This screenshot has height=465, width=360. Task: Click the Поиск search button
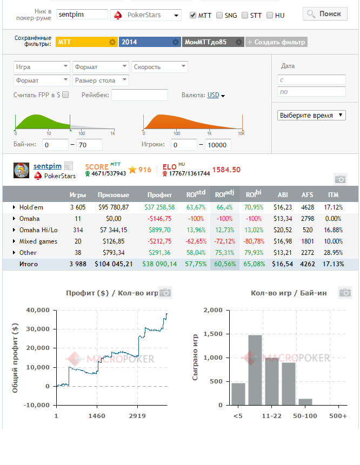click(x=325, y=14)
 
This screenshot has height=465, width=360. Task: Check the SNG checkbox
click(x=219, y=15)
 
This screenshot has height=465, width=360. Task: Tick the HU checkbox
click(x=270, y=15)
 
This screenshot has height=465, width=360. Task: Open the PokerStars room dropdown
click(x=146, y=15)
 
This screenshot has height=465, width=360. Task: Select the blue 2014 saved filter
click(x=150, y=42)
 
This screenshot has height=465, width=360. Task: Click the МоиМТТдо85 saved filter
click(x=213, y=42)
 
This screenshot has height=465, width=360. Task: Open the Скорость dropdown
click(x=159, y=67)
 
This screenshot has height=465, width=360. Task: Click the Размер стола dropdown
click(x=101, y=80)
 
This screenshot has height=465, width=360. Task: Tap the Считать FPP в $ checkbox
click(x=65, y=95)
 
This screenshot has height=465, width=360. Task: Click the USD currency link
click(x=213, y=95)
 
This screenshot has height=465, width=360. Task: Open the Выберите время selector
click(x=311, y=115)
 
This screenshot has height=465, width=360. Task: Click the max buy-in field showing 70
click(x=89, y=145)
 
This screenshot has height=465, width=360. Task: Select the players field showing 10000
click(x=218, y=145)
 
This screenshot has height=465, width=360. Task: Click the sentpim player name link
click(x=48, y=166)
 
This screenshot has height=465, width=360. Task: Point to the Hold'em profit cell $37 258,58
click(x=159, y=207)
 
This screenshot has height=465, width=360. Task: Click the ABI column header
click(x=283, y=195)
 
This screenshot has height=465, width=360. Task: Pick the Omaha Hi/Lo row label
click(x=38, y=230)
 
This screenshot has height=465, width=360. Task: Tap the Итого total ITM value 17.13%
click(x=334, y=264)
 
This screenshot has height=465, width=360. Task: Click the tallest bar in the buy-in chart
click(x=255, y=370)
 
